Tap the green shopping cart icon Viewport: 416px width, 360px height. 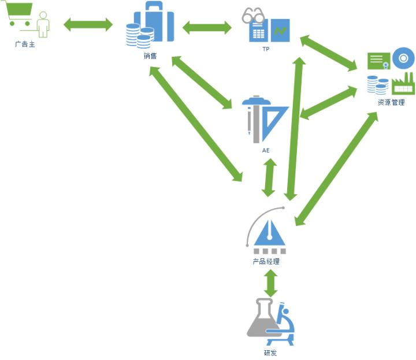click(19, 16)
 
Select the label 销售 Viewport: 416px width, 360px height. click(150, 56)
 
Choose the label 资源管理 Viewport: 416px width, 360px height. click(391, 102)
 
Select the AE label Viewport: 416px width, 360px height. click(266, 150)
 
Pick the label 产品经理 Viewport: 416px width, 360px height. click(266, 261)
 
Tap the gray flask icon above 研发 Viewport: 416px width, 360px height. click(262, 321)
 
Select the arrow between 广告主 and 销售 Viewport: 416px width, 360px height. click(88, 24)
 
